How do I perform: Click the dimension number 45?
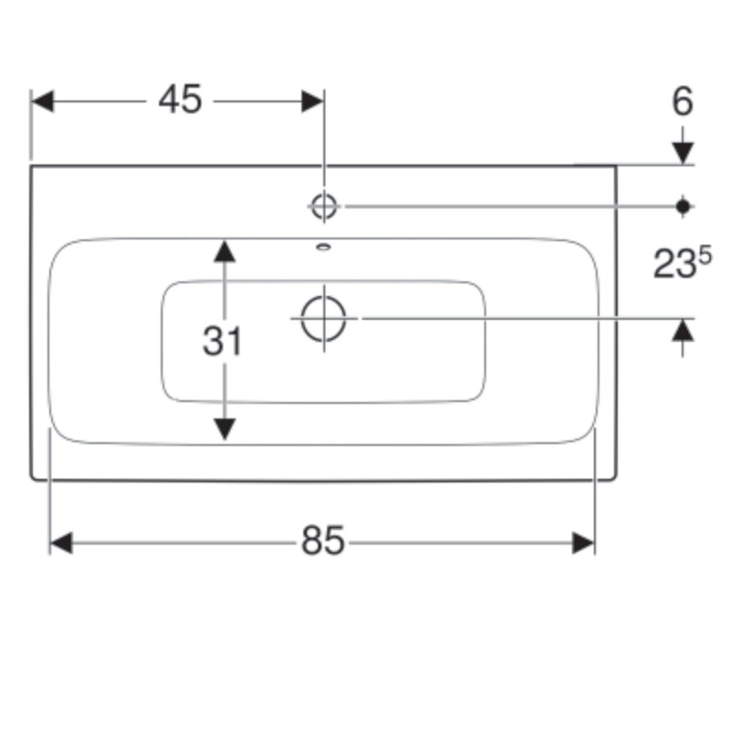[180, 100]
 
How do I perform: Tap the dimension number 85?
[323, 541]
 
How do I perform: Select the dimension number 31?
[222, 341]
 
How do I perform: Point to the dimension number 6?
[683, 101]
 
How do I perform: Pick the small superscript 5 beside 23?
[705, 256]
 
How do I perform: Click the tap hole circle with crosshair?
[324, 207]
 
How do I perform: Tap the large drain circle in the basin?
[323, 319]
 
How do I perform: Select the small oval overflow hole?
[323, 247]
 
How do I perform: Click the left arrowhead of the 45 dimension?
[42, 101]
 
